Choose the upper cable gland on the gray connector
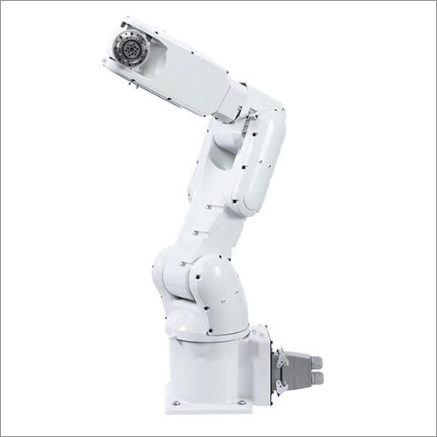(x=316, y=361)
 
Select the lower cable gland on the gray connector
(x=316, y=378)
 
